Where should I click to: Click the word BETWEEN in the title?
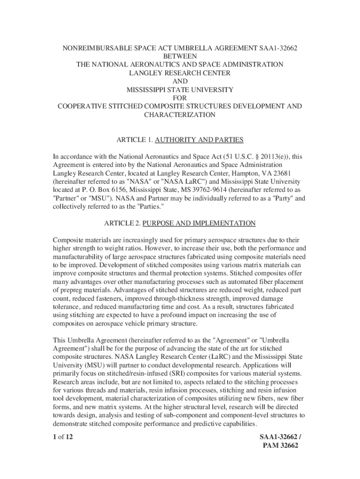pos(180,56)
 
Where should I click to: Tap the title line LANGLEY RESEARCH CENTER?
pos(180,73)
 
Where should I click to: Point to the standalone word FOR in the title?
pos(180,98)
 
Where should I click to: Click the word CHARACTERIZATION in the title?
pos(180,115)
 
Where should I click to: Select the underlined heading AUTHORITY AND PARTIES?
pos(199,140)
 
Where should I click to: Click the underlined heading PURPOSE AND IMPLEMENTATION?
pos(199,223)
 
